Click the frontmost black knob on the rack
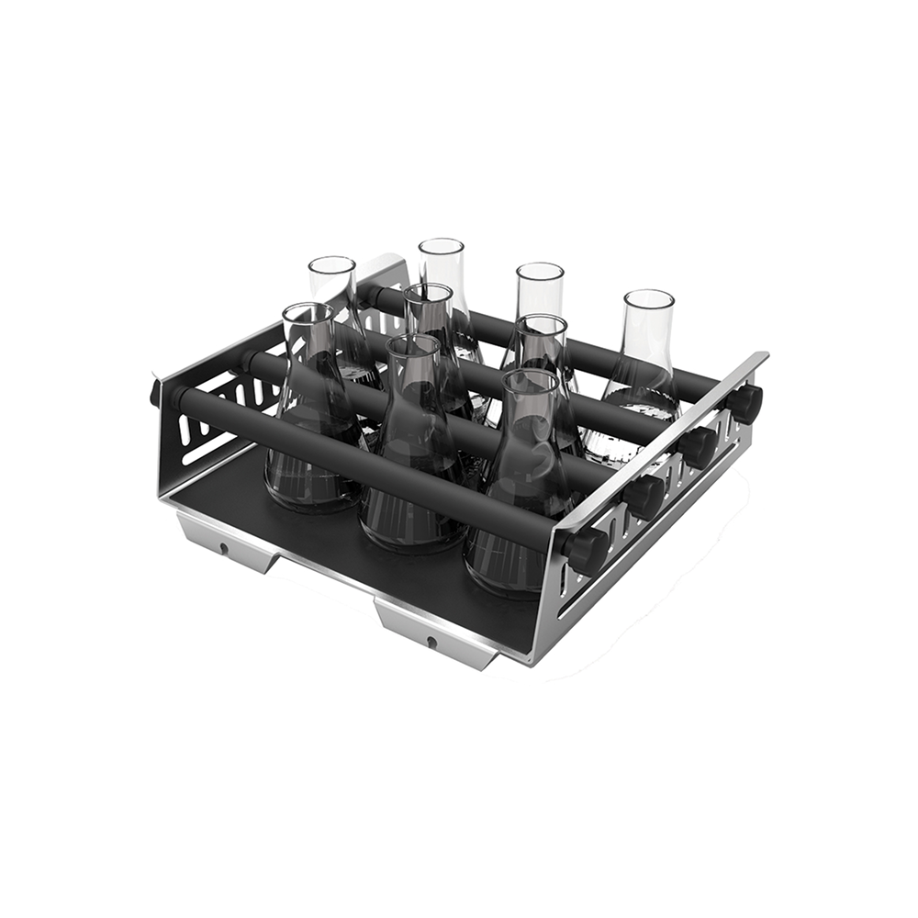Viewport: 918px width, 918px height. [584, 550]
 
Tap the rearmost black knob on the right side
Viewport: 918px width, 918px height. [745, 402]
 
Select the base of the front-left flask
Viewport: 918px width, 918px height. [312, 477]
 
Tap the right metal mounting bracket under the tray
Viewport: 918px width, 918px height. [431, 629]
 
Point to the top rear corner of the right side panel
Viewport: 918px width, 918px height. [765, 356]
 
